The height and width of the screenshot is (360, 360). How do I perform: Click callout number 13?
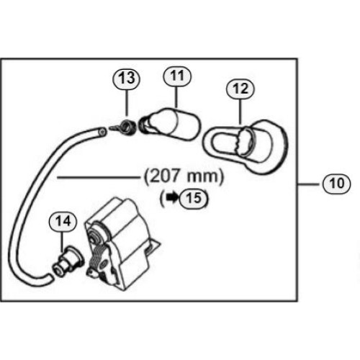click(x=127, y=78)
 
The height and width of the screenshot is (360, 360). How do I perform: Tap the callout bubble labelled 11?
click(x=177, y=76)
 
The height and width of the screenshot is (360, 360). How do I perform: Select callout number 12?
click(x=240, y=89)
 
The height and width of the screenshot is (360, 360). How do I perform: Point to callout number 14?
click(x=63, y=221)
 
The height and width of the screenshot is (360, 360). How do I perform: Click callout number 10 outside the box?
click(x=336, y=184)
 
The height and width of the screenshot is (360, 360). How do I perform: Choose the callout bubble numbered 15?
click(x=194, y=198)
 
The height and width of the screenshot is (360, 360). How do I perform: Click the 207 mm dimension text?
click(x=184, y=177)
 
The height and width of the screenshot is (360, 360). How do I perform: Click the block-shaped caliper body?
click(x=121, y=244)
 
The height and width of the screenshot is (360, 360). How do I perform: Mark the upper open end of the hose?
click(x=102, y=132)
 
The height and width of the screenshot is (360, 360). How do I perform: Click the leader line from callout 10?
click(x=309, y=184)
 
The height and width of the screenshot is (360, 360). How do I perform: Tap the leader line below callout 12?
click(x=240, y=112)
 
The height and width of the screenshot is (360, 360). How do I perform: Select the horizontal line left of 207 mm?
click(x=99, y=178)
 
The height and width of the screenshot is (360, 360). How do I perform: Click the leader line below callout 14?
click(x=63, y=241)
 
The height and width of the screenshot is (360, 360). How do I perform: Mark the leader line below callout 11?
click(x=176, y=96)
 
